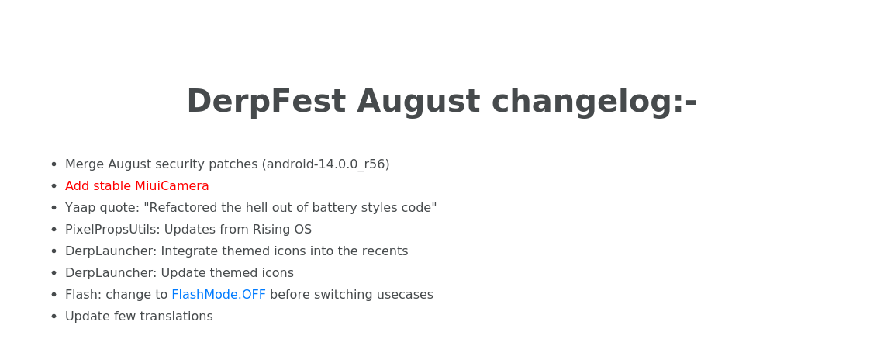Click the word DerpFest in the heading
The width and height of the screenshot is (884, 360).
pos(266,102)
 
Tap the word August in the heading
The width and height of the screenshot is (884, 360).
pos(418,102)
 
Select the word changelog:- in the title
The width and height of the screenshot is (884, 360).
pos(594,102)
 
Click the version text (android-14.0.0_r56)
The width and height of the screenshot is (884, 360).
pos(326,164)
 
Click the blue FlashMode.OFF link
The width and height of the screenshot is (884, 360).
pos(219,295)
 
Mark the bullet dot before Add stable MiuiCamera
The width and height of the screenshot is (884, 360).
pos(54,186)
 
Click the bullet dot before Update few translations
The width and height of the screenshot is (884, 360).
pos(54,317)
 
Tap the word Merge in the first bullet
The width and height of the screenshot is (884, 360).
pos(85,164)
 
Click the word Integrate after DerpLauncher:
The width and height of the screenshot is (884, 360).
pos(187,251)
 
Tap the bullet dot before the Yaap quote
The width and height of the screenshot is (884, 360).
pos(54,208)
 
